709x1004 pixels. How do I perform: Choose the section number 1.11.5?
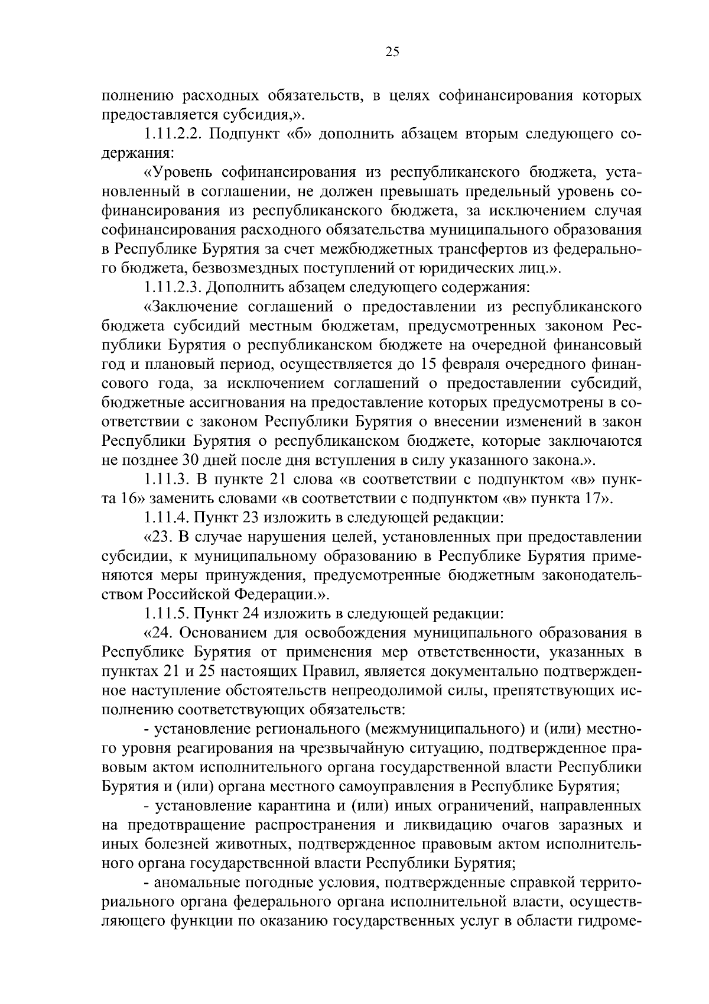tap(167, 613)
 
